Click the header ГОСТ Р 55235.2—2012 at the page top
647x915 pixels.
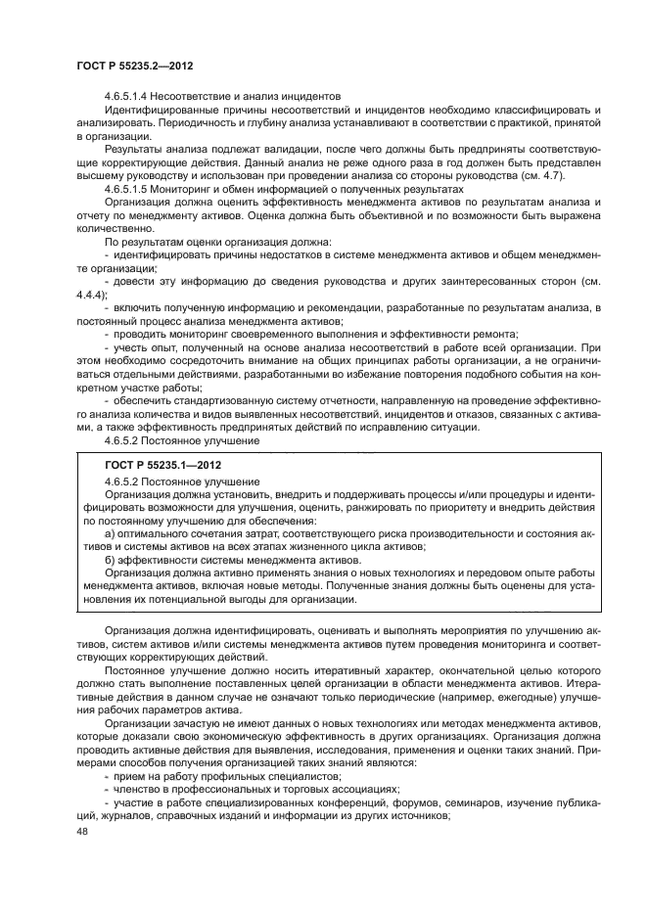coord(133,66)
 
